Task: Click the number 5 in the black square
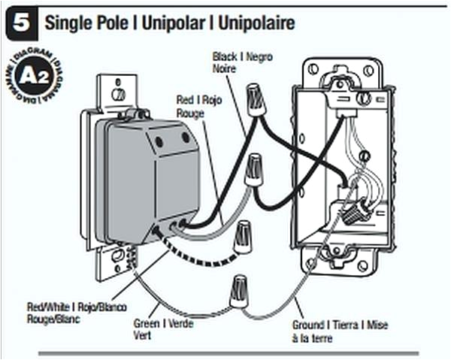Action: coord(21,23)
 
